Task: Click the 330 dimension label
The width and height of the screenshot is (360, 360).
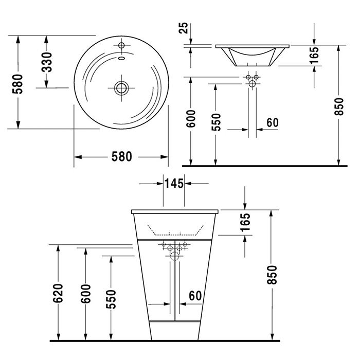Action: pos(47,62)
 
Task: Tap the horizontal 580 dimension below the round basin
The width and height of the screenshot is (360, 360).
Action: pos(122,156)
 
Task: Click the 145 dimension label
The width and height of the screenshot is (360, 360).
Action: pos(174,183)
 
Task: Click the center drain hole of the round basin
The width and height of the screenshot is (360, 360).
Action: pos(121,88)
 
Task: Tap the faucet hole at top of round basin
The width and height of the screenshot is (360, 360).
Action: pos(122,46)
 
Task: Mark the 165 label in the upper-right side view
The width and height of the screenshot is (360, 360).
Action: pos(315,56)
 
